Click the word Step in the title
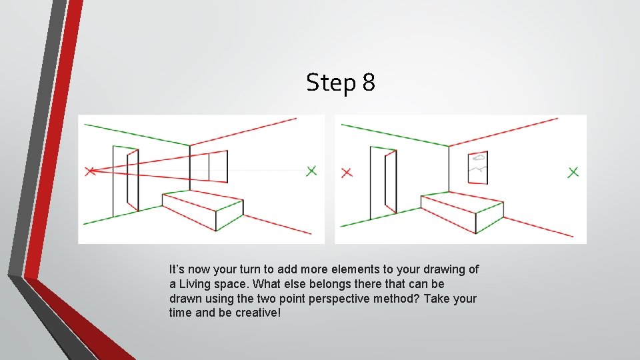tap(332, 83)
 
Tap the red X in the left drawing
tap(91, 171)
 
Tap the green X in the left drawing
tap(311, 171)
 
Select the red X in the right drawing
tap(346, 173)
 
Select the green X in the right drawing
tap(573, 172)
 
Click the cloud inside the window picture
tap(478, 159)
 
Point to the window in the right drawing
tap(478, 167)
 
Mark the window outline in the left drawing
tap(208, 165)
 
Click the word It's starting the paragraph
tap(177, 270)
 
